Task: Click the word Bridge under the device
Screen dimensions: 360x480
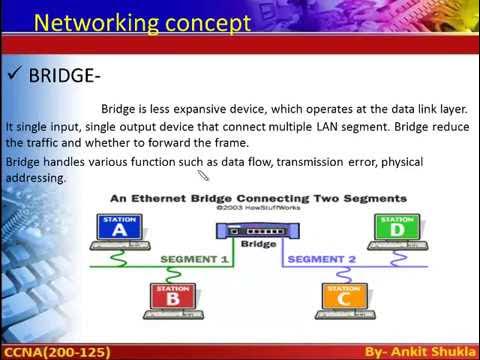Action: coord(259,244)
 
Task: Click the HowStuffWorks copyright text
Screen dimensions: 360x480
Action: coord(259,211)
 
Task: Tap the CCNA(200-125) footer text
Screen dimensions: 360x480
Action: coord(56,351)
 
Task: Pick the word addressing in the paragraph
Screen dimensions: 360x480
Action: coord(36,177)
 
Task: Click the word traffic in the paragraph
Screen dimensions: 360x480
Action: coord(45,143)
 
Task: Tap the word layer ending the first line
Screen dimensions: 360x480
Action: coord(449,109)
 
